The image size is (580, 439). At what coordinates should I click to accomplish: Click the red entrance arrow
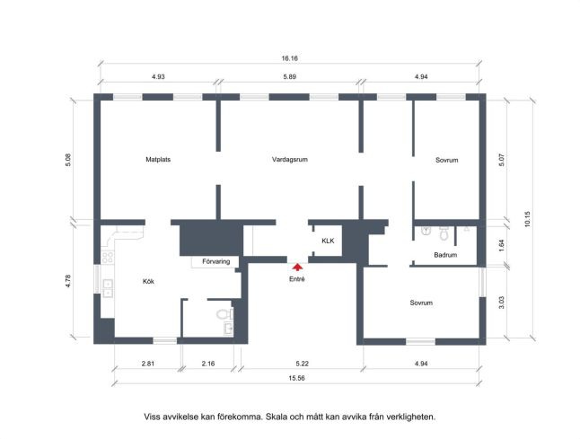click(297, 268)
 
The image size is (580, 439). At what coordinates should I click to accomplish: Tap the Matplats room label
click(158, 160)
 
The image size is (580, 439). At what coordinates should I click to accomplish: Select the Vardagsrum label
click(290, 160)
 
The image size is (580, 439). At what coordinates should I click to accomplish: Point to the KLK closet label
click(328, 241)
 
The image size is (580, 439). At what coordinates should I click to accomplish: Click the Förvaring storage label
click(216, 261)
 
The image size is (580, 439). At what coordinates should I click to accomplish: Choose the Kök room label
click(148, 282)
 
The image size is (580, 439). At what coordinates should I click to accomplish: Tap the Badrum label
click(445, 255)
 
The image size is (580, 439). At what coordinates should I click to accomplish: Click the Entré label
click(297, 279)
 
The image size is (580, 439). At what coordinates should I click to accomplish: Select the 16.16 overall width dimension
click(290, 58)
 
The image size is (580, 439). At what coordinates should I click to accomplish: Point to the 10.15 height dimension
click(527, 219)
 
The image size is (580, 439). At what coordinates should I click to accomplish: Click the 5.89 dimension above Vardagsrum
click(290, 77)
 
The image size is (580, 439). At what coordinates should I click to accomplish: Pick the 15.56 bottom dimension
click(296, 378)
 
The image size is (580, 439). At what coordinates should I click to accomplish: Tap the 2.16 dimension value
click(208, 364)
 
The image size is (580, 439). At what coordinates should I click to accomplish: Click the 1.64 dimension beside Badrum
click(502, 246)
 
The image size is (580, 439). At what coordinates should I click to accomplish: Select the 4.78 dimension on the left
click(68, 281)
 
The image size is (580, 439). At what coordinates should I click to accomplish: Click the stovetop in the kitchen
click(107, 258)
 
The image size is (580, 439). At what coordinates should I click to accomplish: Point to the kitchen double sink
click(108, 288)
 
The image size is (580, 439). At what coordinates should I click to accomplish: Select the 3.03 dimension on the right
click(502, 303)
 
